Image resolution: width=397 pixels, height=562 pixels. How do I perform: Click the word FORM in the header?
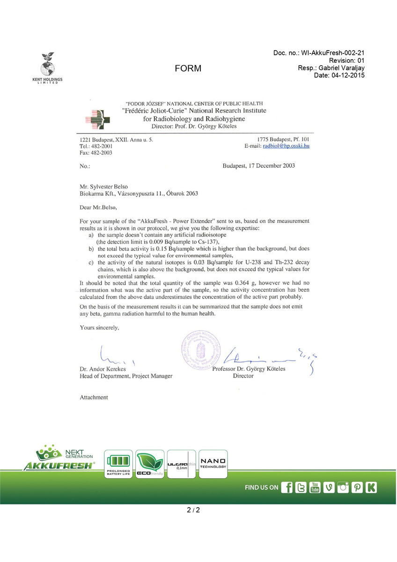click(188, 69)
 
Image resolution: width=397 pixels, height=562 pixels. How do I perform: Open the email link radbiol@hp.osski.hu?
click(286, 146)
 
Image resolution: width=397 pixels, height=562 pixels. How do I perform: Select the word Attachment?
click(94, 397)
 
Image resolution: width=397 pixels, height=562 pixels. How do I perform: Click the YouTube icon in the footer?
click(315, 488)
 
